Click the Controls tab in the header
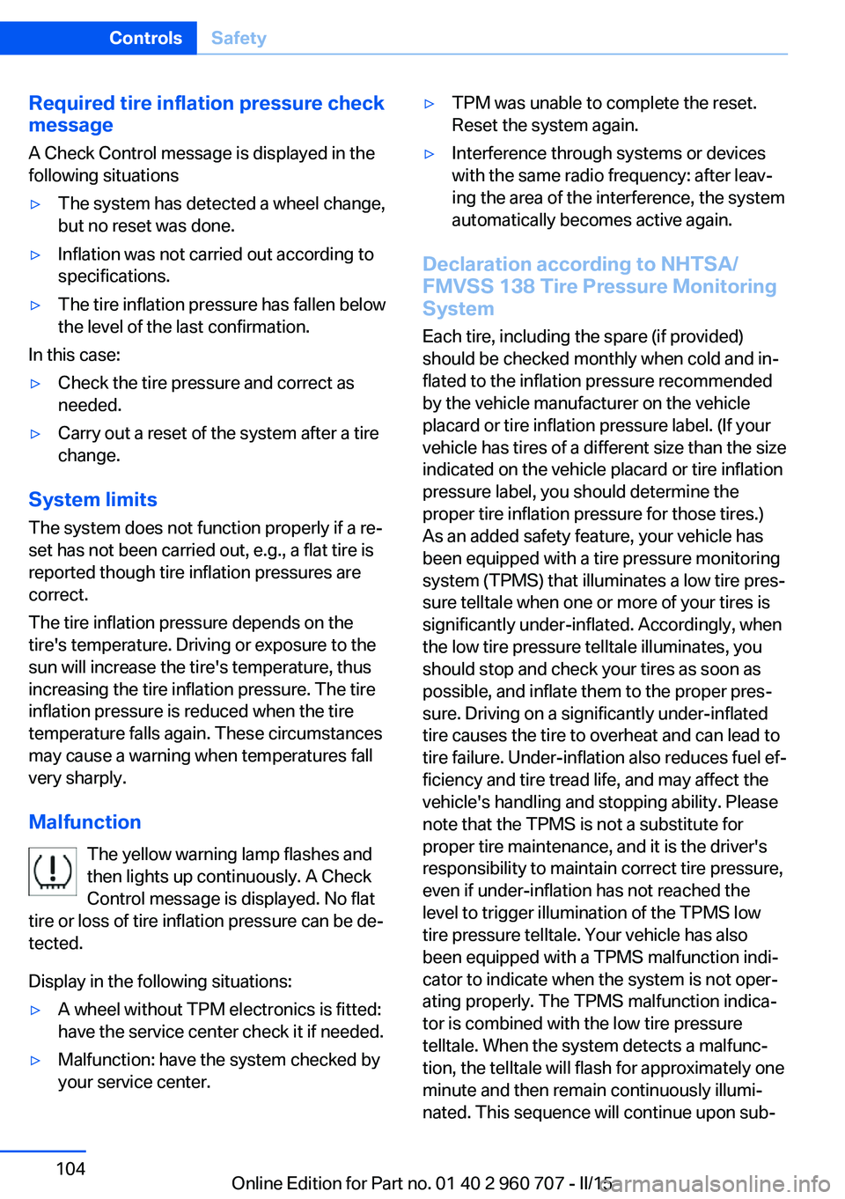tap(145, 38)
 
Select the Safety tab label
tap(239, 38)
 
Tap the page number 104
tap(70, 1168)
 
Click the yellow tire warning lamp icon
tap(53, 871)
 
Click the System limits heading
tap(92, 499)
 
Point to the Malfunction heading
tap(84, 821)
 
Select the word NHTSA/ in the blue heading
tap(699, 264)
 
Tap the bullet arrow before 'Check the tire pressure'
tap(36, 384)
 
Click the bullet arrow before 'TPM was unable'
tap(430, 104)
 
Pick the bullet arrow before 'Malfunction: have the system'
tap(36, 1061)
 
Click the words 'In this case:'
tap(74, 355)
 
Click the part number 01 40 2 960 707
tap(499, 1183)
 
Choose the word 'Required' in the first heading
tap(71, 103)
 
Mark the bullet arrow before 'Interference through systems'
tap(430, 154)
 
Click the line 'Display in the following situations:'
tap(159, 981)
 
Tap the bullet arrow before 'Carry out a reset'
tap(36, 434)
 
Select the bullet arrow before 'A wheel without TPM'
tap(36, 1011)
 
